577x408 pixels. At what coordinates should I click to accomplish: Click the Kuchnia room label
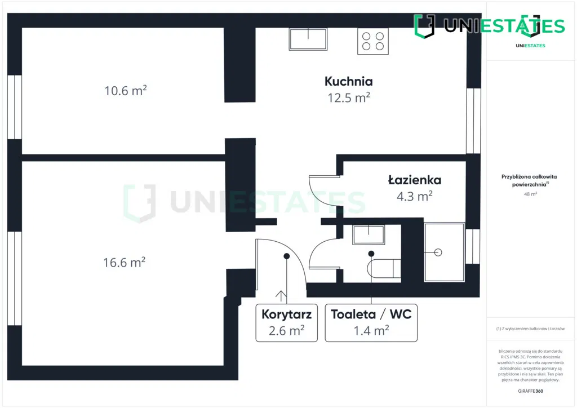pyautogui.click(x=348, y=81)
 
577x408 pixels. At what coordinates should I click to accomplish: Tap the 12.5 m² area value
pyautogui.click(x=348, y=97)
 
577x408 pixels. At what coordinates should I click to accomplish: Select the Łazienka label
pyautogui.click(x=414, y=180)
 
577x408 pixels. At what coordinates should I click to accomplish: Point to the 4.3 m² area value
pyautogui.click(x=414, y=196)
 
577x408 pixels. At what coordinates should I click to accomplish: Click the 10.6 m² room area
pyautogui.click(x=125, y=90)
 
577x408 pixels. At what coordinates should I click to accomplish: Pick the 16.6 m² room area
pyautogui.click(x=124, y=262)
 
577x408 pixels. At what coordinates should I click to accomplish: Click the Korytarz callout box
pyautogui.click(x=286, y=323)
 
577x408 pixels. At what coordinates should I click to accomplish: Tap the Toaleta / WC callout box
pyautogui.click(x=371, y=323)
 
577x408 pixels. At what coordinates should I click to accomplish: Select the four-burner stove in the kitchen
pyautogui.click(x=373, y=41)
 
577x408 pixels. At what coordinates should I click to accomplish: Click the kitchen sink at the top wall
pyautogui.click(x=309, y=38)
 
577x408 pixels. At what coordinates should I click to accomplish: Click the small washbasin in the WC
pyautogui.click(x=369, y=234)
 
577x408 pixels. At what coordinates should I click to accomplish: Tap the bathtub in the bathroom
pyautogui.click(x=444, y=252)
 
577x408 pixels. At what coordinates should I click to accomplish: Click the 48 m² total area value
pyautogui.click(x=530, y=194)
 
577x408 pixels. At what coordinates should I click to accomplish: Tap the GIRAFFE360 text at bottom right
pyautogui.click(x=530, y=391)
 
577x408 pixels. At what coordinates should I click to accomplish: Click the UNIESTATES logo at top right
pyautogui.click(x=489, y=26)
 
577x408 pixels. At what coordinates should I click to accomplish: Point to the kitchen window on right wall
pyautogui.click(x=473, y=121)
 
